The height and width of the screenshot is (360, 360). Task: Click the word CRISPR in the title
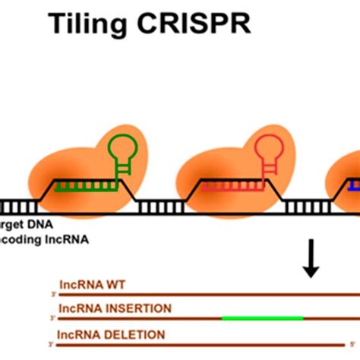pyautogui.click(x=200, y=25)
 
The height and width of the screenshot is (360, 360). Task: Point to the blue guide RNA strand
pyautogui.click(x=355, y=185)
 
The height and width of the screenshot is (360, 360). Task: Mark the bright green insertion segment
pyautogui.click(x=262, y=318)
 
